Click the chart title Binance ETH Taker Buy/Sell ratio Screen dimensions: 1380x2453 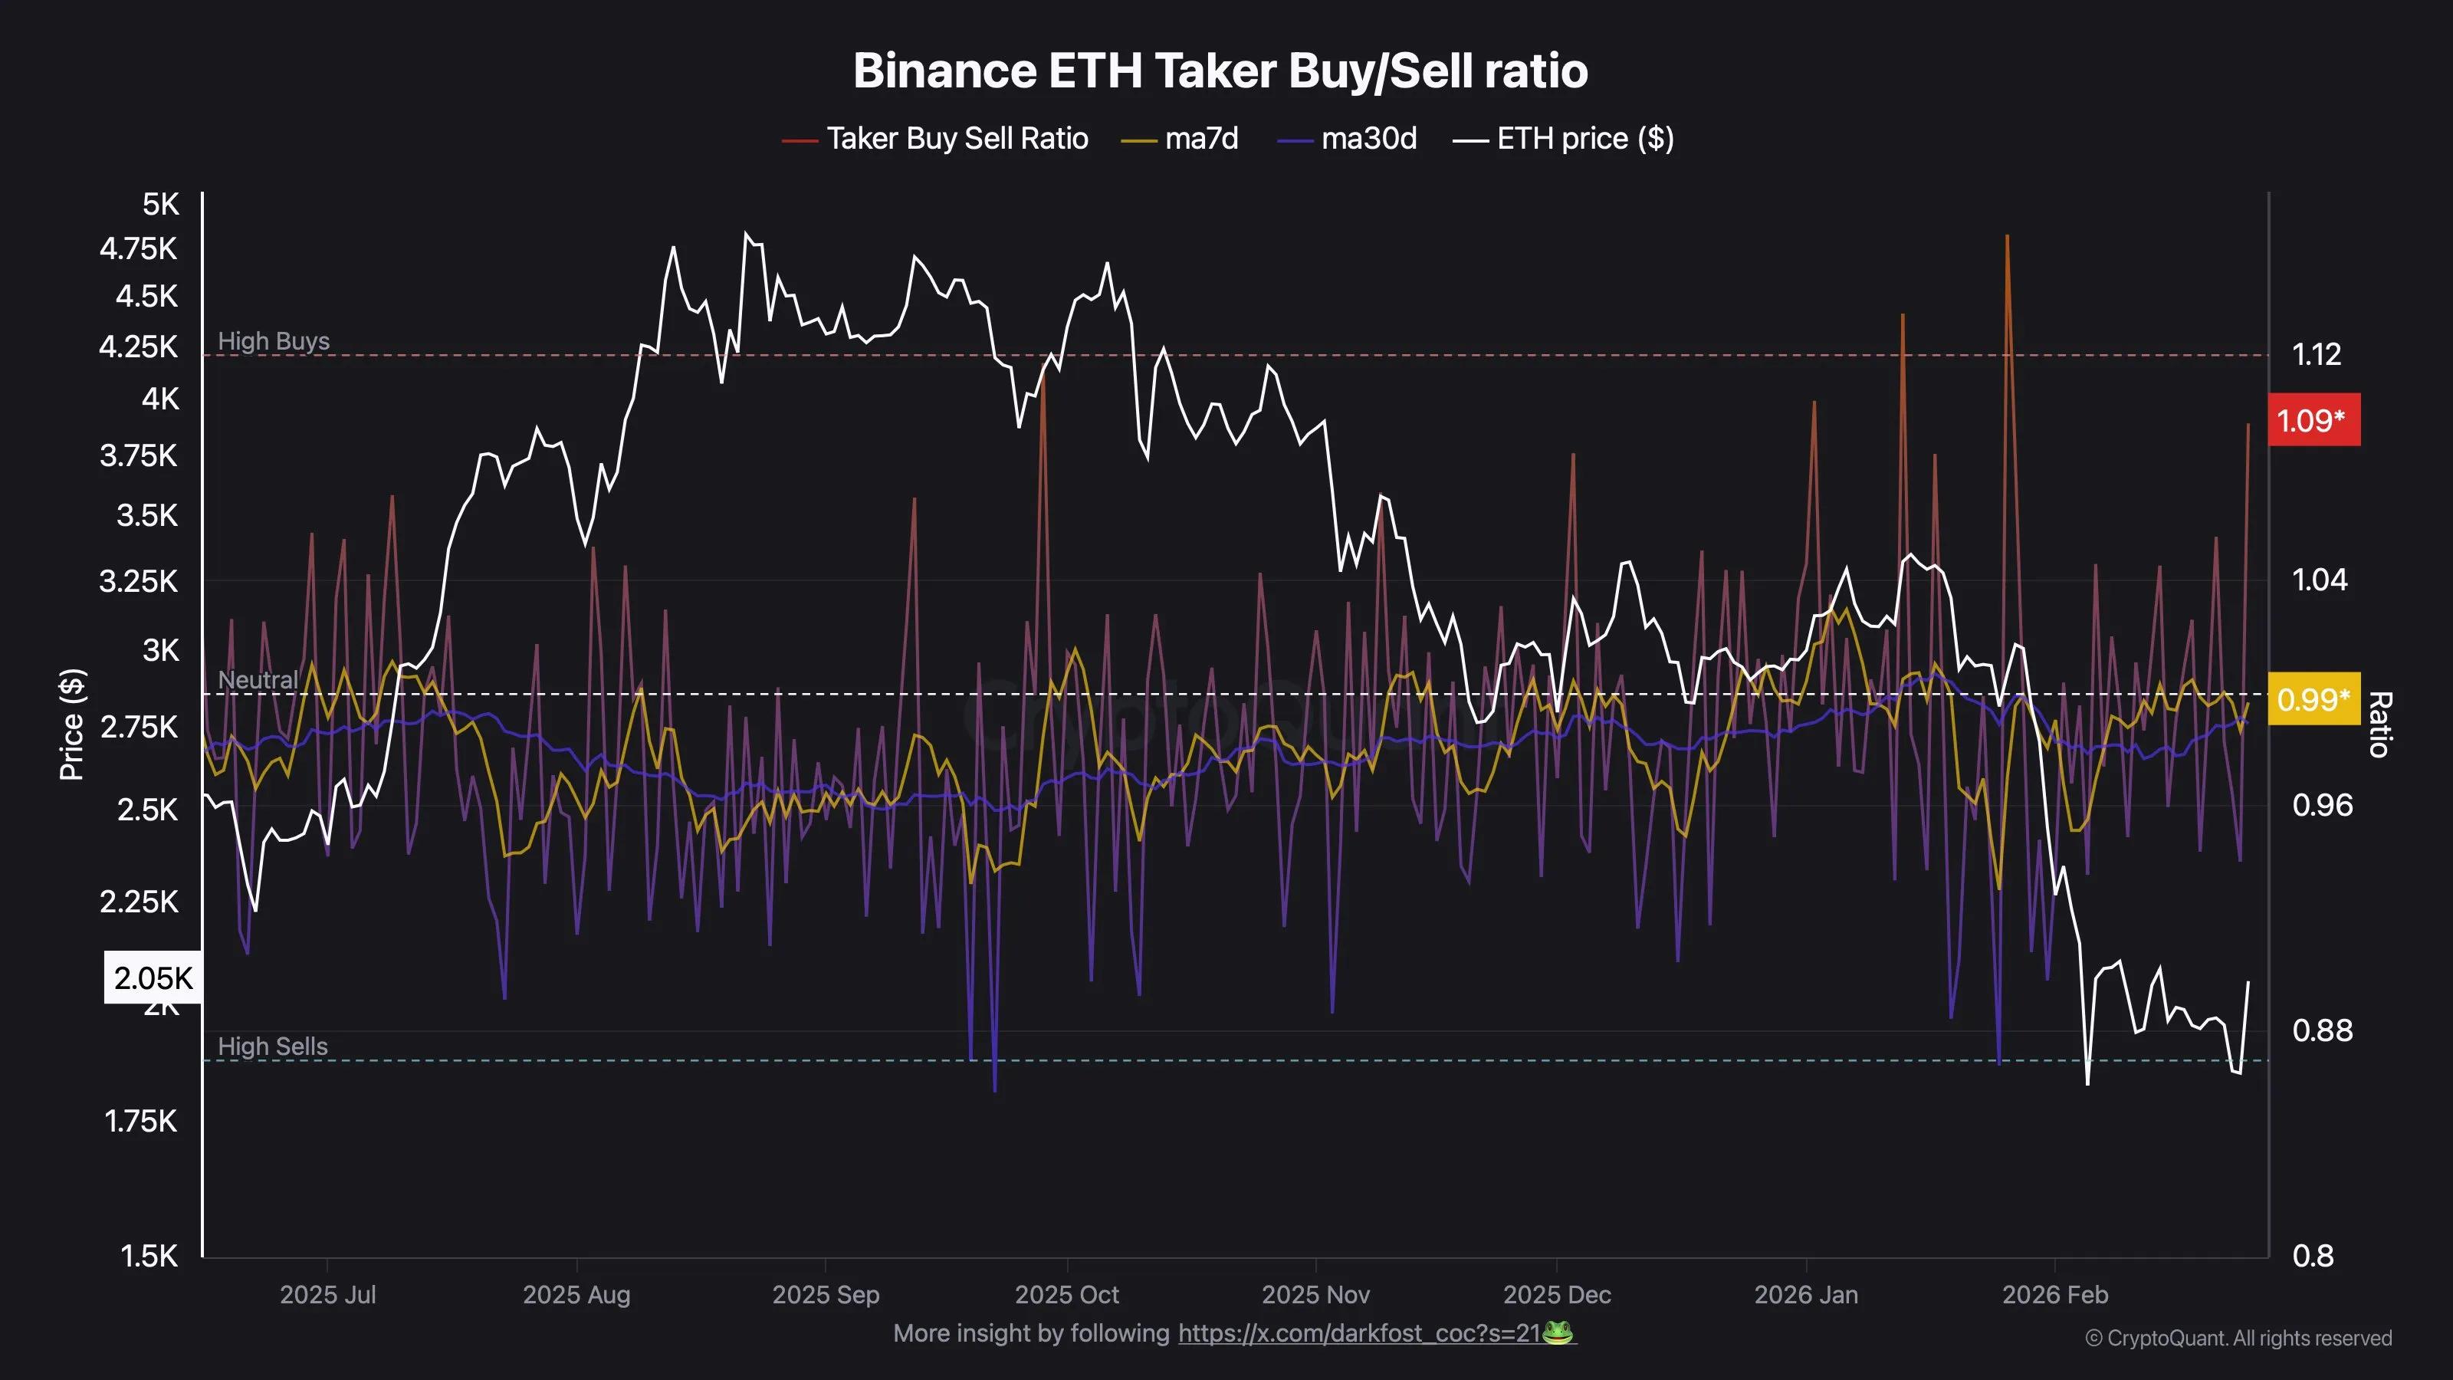point(1220,71)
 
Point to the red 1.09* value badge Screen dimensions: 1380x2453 point(2313,420)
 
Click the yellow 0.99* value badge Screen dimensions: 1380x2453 point(2313,700)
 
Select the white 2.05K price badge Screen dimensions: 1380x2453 point(153,978)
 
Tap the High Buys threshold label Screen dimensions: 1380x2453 point(274,341)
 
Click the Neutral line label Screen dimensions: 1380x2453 point(257,680)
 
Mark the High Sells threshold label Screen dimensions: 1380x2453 point(272,1046)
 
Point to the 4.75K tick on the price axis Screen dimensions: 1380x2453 point(139,249)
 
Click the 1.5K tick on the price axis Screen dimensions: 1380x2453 point(149,1257)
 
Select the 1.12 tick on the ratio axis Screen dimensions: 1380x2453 point(2316,355)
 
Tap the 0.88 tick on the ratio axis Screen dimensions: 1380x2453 point(2322,1030)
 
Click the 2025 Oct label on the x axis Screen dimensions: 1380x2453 point(1066,1295)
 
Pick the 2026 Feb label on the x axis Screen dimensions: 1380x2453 point(2055,1295)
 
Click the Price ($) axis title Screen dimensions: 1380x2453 point(72,724)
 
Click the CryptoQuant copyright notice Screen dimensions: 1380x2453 point(2238,1338)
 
